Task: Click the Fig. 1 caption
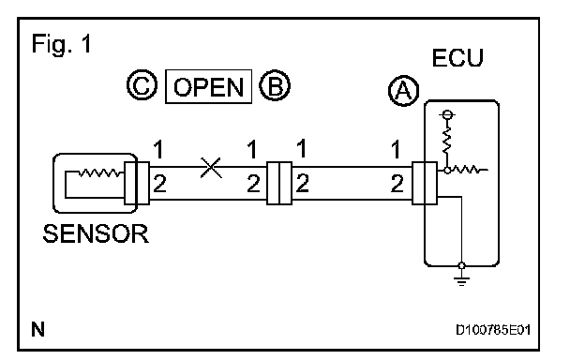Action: pyautogui.click(x=62, y=44)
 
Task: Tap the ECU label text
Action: pyautogui.click(x=457, y=58)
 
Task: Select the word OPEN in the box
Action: pyautogui.click(x=209, y=87)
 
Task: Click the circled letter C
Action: pyautogui.click(x=142, y=84)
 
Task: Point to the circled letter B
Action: pyautogui.click(x=275, y=85)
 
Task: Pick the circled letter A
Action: pyautogui.click(x=403, y=91)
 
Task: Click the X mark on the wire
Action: pyautogui.click(x=211, y=168)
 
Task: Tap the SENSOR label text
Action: pyautogui.click(x=96, y=233)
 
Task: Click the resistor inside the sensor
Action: pyautogui.click(x=101, y=172)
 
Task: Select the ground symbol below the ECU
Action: pyautogui.click(x=461, y=280)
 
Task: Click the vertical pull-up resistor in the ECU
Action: pyautogui.click(x=447, y=141)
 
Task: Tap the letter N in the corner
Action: pyautogui.click(x=38, y=329)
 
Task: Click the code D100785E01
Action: pyautogui.click(x=493, y=330)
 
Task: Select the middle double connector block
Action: pyautogui.click(x=279, y=183)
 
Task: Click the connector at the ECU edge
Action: pyautogui.click(x=425, y=183)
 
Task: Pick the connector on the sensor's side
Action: pyautogui.click(x=137, y=183)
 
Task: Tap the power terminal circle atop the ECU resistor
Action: pyautogui.click(x=447, y=115)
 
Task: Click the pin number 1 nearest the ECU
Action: pyautogui.click(x=397, y=149)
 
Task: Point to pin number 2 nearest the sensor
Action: pyautogui.click(x=160, y=184)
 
